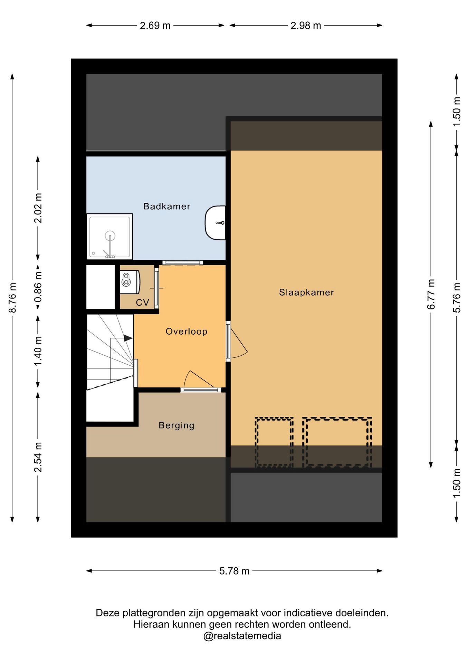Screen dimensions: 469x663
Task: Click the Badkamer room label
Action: (167, 206)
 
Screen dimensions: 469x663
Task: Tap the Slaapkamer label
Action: (307, 292)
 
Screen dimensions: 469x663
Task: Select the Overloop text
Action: (186, 331)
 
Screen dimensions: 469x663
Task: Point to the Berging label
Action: (176, 425)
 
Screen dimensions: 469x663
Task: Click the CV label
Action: (142, 302)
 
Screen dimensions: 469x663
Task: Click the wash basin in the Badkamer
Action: (215, 223)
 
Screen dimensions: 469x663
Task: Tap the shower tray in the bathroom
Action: (109, 237)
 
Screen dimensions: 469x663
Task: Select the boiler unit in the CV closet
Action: (130, 282)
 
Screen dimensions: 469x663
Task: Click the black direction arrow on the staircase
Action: (128, 338)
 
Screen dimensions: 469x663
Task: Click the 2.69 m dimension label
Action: (155, 26)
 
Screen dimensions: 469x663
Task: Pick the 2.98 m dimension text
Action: (306, 26)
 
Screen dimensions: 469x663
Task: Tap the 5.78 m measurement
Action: (234, 571)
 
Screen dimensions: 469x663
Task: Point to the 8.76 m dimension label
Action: (12, 298)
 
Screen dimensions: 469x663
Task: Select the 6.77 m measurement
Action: (431, 294)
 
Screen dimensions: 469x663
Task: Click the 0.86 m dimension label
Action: (38, 287)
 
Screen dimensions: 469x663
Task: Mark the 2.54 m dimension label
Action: (38, 457)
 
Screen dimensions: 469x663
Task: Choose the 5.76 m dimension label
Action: (457, 298)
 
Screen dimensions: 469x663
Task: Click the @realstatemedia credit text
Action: (242, 636)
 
